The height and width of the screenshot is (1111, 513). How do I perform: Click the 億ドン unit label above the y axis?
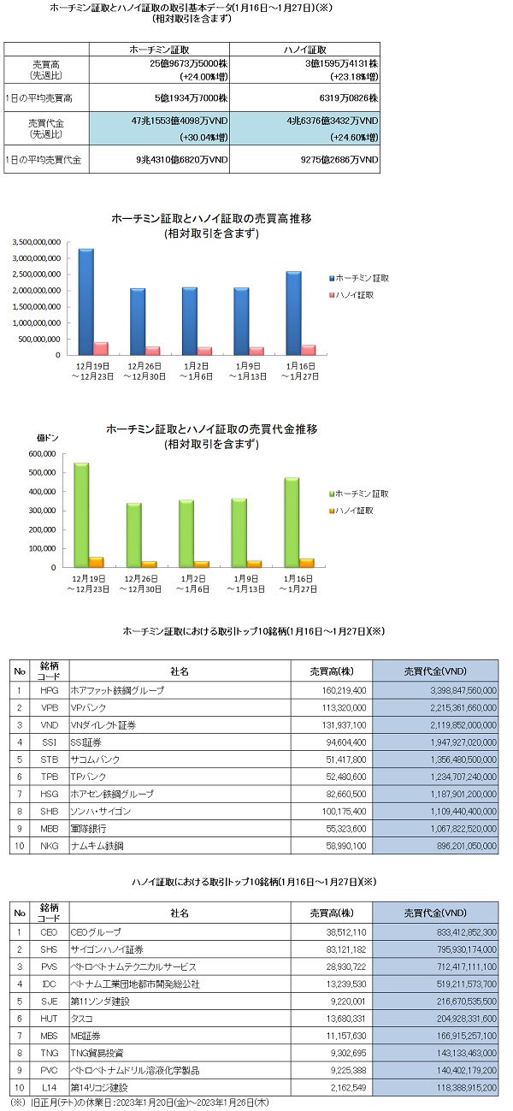pyautogui.click(x=47, y=439)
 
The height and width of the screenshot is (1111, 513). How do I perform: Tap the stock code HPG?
pyautogui.click(x=49, y=689)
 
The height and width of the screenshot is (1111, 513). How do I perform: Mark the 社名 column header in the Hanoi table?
pyautogui.click(x=180, y=910)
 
